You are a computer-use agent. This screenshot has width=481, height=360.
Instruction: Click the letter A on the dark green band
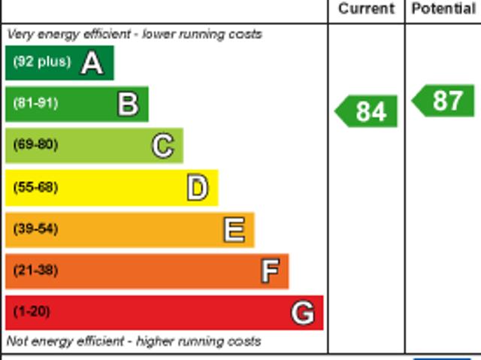tap(92, 63)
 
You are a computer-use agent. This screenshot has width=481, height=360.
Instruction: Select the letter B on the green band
tap(128, 104)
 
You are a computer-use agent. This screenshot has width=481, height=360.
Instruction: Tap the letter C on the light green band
tap(162, 146)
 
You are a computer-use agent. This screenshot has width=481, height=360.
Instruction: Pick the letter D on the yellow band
tap(197, 188)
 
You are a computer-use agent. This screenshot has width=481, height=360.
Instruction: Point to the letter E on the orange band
tap(234, 230)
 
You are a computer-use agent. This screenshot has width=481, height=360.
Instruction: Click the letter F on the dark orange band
tap(269, 271)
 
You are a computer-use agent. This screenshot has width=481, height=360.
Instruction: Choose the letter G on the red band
tap(302, 313)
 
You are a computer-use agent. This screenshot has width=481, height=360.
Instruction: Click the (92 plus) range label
tap(42, 62)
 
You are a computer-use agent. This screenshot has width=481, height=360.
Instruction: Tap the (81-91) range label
tap(35, 104)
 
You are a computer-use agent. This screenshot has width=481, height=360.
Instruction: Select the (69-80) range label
tap(35, 145)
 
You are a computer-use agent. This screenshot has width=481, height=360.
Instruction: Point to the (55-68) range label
tap(35, 187)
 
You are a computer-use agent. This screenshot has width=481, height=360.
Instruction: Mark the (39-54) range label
tap(35, 228)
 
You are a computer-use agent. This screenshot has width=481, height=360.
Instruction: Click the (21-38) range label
tap(35, 270)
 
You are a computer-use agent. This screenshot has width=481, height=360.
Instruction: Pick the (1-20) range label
tap(32, 311)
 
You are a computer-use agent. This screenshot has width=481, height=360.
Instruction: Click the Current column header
tap(366, 9)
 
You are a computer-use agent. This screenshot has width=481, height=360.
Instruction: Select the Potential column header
tap(443, 9)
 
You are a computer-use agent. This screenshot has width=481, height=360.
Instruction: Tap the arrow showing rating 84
tap(367, 112)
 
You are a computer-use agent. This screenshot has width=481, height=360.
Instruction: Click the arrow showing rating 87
tap(444, 101)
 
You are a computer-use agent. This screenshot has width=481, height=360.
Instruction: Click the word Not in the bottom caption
tap(17, 341)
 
